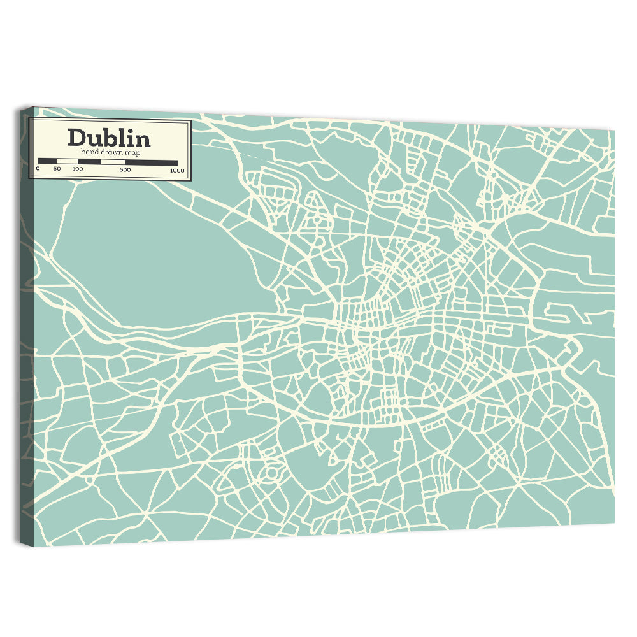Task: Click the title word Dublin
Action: (109, 138)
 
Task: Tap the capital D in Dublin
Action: (77, 138)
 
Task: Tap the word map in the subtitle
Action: (132, 152)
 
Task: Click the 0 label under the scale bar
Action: (38, 169)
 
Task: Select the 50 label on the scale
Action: (57, 169)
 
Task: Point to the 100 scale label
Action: (77, 169)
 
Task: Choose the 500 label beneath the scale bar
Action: (125, 169)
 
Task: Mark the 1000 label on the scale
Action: (176, 170)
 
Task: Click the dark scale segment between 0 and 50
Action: (47, 161)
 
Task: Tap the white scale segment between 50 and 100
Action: (67, 161)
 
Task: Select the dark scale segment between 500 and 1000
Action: (151, 162)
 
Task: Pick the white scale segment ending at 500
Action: (113, 162)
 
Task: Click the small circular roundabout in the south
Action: (271, 474)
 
